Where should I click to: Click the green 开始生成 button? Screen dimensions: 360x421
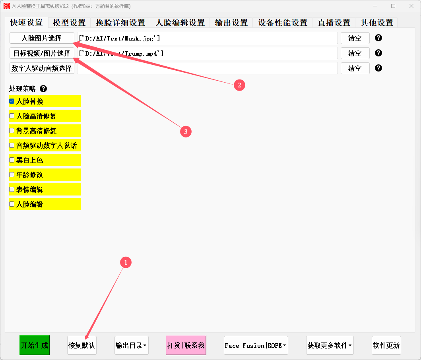35,345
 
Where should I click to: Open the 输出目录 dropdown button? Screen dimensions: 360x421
131,345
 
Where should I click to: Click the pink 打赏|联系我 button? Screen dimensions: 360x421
186,345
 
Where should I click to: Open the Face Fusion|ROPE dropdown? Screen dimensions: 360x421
256,345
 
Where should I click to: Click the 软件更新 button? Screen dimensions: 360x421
386,345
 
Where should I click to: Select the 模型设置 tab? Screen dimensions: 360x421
69,23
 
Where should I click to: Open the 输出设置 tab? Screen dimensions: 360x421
231,23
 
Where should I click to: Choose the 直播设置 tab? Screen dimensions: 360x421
334,23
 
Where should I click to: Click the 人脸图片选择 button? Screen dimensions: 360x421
42,38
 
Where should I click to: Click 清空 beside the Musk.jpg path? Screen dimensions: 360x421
355,38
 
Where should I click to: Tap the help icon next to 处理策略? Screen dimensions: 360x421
43,89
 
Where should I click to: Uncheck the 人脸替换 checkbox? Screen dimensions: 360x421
12,101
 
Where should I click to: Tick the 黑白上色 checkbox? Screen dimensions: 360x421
12,160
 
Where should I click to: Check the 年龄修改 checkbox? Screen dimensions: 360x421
12,175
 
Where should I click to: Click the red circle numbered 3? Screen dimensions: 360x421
186,132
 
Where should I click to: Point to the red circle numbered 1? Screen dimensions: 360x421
126,262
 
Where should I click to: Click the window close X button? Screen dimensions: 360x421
411,6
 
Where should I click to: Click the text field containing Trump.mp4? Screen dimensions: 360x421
207,53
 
